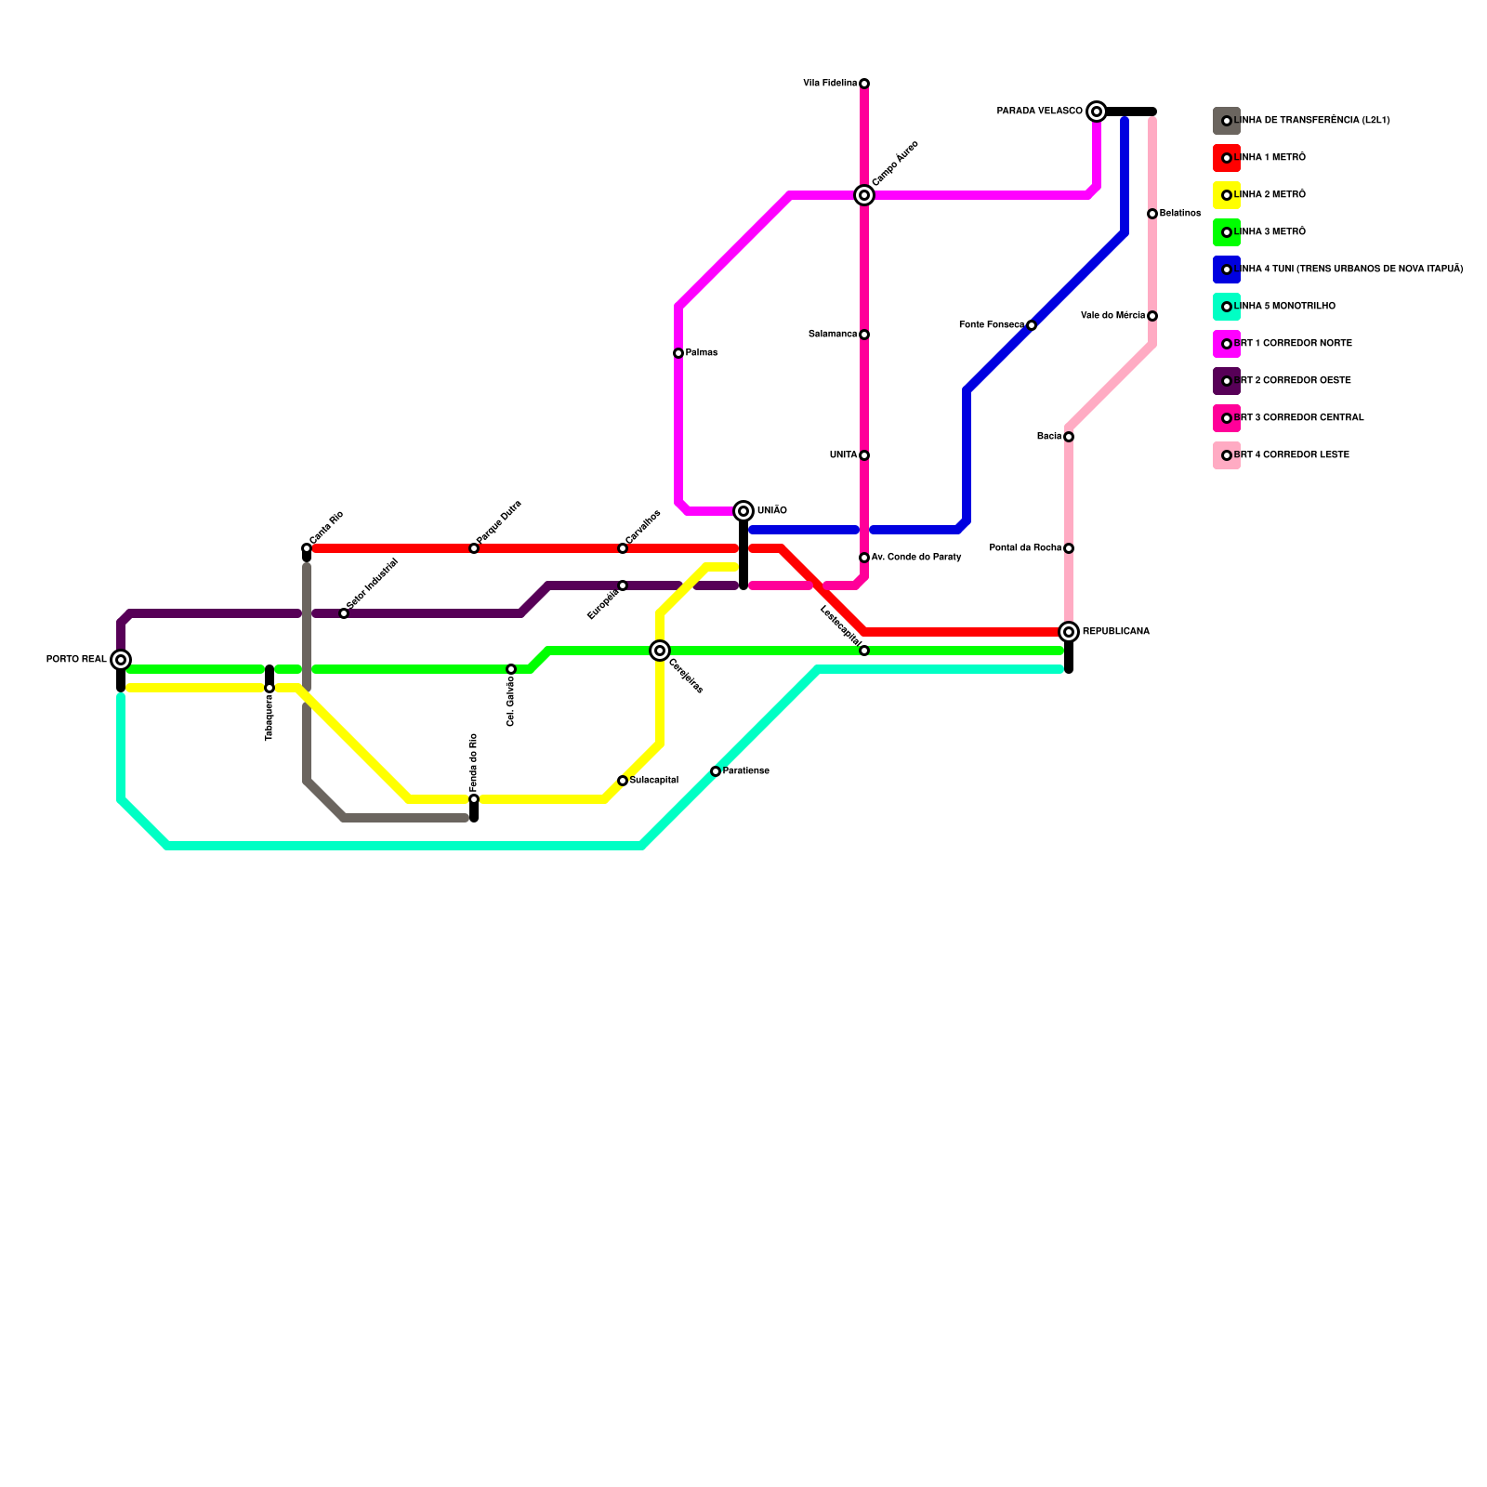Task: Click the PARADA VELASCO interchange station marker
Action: tap(1097, 112)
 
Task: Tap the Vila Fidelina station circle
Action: tap(864, 84)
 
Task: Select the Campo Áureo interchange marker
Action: tap(864, 195)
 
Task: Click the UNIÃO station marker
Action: tap(743, 511)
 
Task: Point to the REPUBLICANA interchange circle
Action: tap(1069, 632)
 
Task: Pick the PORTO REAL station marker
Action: tap(121, 660)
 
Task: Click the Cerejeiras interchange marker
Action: tap(660, 651)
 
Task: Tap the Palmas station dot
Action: tap(678, 353)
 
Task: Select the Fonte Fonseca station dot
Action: tap(1032, 325)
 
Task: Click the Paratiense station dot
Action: tap(716, 771)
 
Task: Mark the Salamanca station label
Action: tap(833, 335)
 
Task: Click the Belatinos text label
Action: tap(1180, 214)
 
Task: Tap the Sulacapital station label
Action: tap(654, 781)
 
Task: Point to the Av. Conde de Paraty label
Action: tap(916, 558)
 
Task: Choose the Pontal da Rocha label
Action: tap(1025, 548)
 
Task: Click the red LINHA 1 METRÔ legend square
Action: tap(1227, 158)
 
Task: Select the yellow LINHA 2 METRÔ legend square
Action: tap(1227, 195)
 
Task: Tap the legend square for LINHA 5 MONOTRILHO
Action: tap(1227, 307)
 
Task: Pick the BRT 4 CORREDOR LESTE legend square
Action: tap(1227, 455)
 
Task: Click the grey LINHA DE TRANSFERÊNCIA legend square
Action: tap(1227, 121)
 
